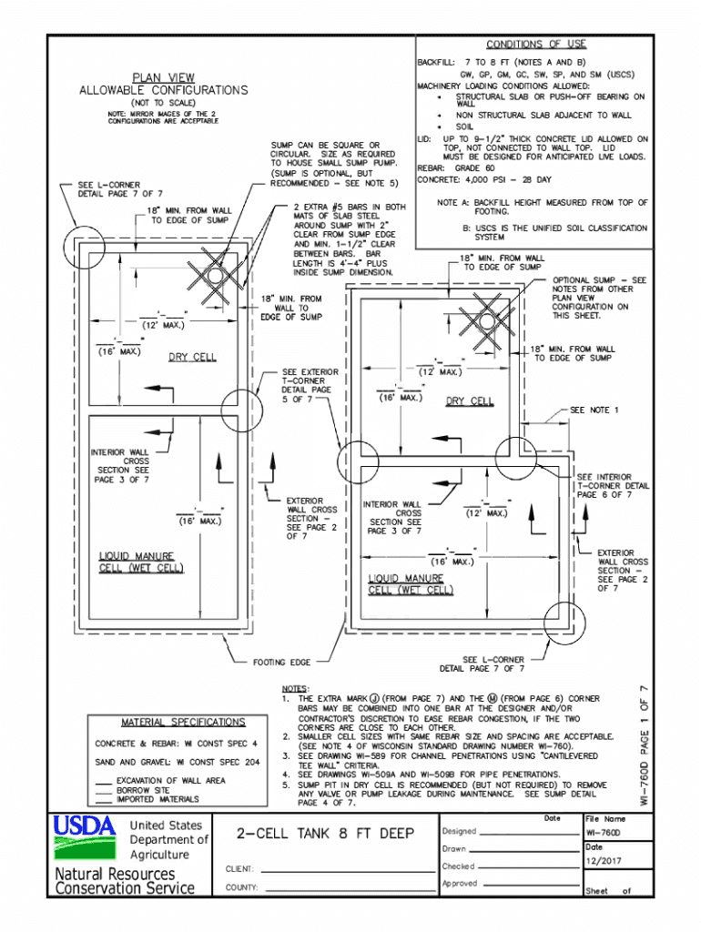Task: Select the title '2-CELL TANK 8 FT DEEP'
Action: pyautogui.click(x=325, y=834)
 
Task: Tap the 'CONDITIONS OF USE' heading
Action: pyautogui.click(x=535, y=44)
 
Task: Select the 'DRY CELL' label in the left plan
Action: pyautogui.click(x=192, y=357)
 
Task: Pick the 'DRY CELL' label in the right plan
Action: pyautogui.click(x=470, y=401)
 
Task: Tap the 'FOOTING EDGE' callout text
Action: pyautogui.click(x=281, y=662)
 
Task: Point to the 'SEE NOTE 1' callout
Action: pyautogui.click(x=594, y=410)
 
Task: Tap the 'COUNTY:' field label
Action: pyautogui.click(x=240, y=886)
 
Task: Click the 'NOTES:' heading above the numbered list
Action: pyautogui.click(x=296, y=688)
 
